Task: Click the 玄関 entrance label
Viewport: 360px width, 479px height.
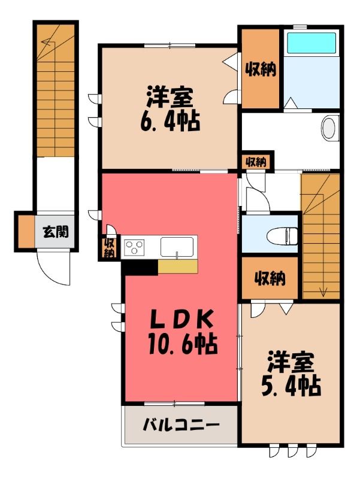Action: (x=55, y=232)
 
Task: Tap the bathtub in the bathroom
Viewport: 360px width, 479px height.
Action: (x=311, y=43)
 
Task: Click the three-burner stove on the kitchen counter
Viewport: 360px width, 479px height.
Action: (x=134, y=247)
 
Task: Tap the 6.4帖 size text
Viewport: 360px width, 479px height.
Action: (x=170, y=122)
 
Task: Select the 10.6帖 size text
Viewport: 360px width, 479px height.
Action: (x=183, y=344)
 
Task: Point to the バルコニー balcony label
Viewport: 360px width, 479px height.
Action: (x=181, y=425)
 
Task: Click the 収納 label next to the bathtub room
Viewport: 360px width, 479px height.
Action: (x=261, y=69)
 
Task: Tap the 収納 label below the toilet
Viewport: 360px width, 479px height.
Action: (x=270, y=278)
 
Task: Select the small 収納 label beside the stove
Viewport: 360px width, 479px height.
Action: (x=109, y=247)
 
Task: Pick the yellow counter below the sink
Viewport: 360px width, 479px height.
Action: (x=178, y=266)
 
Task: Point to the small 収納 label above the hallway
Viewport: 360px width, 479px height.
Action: (x=256, y=162)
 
